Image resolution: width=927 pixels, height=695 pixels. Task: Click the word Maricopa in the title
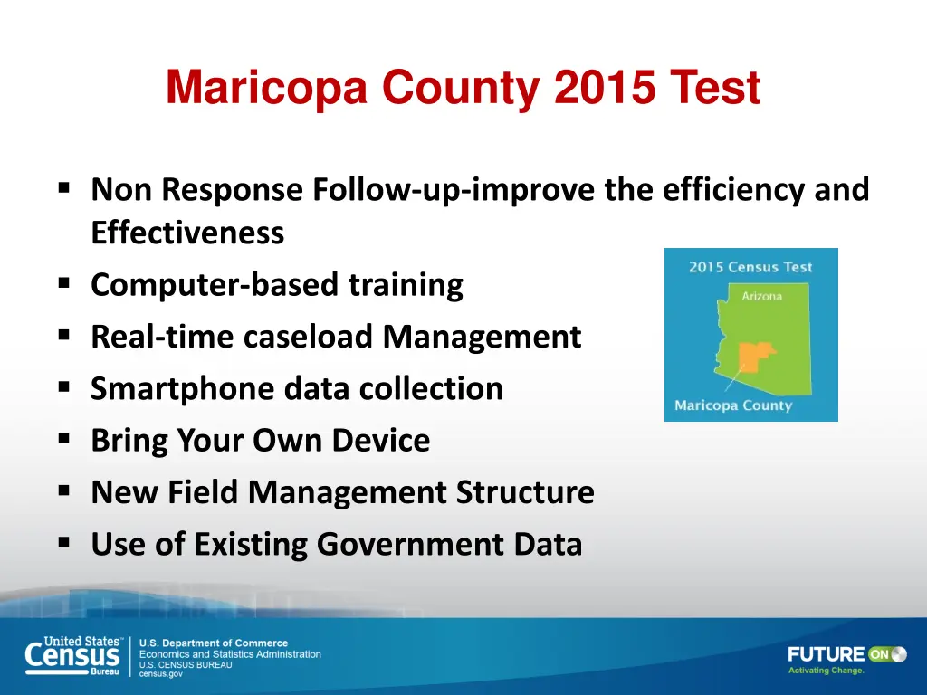point(266,89)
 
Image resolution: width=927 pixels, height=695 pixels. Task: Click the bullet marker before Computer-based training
point(63,284)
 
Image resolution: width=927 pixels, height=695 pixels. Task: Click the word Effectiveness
point(187,233)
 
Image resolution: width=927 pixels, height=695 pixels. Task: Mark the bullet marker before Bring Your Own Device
point(63,440)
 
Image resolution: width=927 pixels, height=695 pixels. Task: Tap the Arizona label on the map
point(761,296)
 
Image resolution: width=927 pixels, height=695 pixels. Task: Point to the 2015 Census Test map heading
point(750,267)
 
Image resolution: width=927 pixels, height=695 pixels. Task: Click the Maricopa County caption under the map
point(733,405)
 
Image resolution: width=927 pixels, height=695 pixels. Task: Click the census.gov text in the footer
point(160,674)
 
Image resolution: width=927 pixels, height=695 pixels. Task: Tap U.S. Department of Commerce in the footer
point(213,643)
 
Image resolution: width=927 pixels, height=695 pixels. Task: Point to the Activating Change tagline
point(826,671)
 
